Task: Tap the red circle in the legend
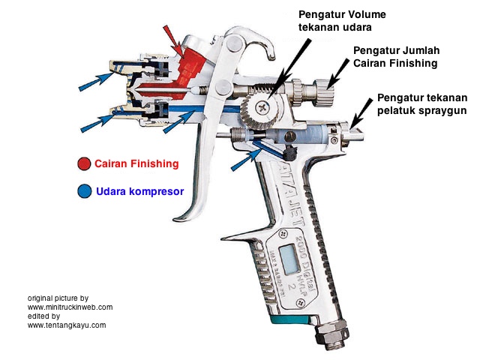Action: click(x=83, y=164)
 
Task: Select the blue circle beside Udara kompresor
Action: click(x=83, y=192)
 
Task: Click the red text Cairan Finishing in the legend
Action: click(x=136, y=164)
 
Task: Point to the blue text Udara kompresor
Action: click(x=139, y=192)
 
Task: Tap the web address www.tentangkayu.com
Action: click(x=67, y=325)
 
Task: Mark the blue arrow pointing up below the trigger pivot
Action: click(x=244, y=157)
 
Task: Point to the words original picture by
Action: click(x=58, y=298)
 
